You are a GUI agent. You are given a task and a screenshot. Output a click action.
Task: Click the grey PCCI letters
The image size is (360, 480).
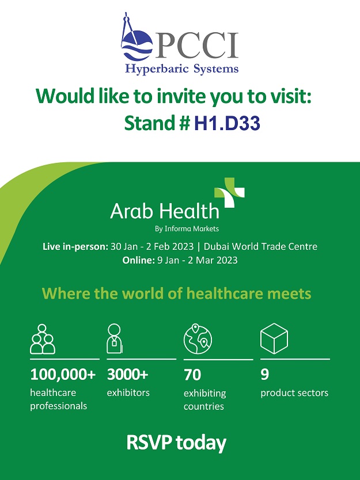pos(196,45)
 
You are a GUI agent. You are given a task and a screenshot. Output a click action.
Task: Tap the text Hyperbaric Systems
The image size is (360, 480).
pos(181,68)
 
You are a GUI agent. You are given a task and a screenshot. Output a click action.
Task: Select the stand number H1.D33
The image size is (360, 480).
pos(228,123)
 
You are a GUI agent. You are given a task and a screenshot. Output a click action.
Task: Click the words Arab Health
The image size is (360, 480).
pos(165,211)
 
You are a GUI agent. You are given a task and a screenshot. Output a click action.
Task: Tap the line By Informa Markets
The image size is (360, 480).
pos(187,228)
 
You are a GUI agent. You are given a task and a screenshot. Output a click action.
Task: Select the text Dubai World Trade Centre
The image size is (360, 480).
pos(260,246)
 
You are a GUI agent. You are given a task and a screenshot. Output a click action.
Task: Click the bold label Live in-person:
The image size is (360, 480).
pos(75,247)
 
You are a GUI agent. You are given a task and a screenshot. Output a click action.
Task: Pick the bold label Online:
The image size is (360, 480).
pos(138,260)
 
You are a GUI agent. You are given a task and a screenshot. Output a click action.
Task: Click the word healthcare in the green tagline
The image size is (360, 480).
pos(225,294)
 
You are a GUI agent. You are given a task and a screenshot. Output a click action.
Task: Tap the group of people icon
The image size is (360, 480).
pos(43,339)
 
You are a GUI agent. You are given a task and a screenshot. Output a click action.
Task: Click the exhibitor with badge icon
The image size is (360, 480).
pos(114,338)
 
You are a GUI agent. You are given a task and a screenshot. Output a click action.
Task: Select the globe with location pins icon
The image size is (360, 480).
pos(198,339)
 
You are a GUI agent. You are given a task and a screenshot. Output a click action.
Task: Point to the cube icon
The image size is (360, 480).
pos(274,338)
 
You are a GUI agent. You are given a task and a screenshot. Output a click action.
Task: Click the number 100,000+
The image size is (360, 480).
pos(63,374)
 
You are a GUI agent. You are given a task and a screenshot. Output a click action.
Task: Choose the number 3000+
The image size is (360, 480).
pos(128,374)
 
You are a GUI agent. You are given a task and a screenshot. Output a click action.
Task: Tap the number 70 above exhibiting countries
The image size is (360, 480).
pos(192,375)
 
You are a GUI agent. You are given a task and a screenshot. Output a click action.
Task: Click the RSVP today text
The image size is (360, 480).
pos(176,443)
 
